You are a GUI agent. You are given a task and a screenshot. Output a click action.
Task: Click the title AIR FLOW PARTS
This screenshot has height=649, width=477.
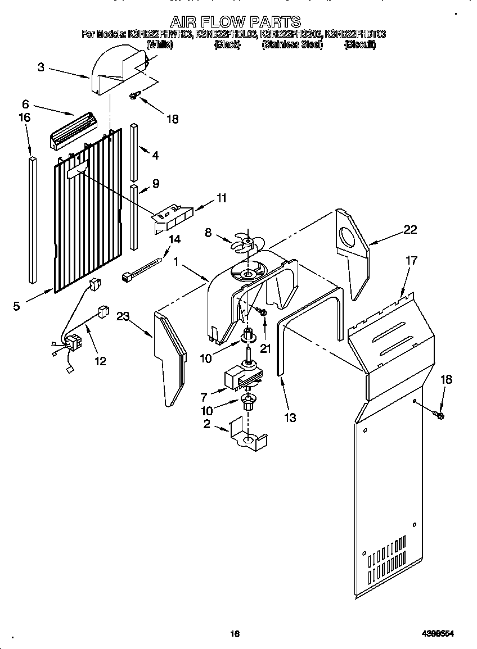click(235, 22)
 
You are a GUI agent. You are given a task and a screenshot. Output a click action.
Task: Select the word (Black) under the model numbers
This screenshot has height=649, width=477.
click(227, 45)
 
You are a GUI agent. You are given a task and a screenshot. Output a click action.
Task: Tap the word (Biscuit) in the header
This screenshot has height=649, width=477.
click(359, 45)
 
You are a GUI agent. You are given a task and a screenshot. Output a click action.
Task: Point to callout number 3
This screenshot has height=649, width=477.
click(41, 67)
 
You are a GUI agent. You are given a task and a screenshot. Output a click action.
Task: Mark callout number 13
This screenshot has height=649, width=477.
click(290, 417)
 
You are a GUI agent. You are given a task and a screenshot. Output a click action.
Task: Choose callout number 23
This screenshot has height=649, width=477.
click(123, 316)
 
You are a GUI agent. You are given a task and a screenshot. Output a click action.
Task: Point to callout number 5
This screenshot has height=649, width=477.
click(17, 306)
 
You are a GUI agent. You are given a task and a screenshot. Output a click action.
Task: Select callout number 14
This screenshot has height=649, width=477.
click(174, 239)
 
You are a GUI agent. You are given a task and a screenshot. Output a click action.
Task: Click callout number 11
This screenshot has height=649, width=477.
click(222, 198)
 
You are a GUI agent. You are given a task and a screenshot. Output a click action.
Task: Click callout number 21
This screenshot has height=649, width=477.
click(265, 348)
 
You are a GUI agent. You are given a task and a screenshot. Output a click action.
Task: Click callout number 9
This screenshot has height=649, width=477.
click(155, 183)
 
